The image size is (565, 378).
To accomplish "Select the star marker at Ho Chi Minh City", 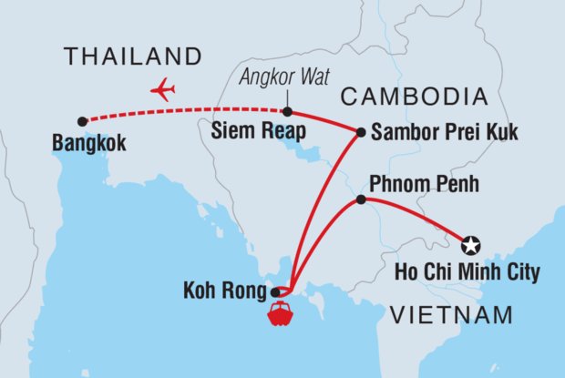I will [x=470, y=244].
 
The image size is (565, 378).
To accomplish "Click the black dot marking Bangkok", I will [x=83, y=121].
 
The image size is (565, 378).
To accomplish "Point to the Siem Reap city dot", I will [x=287, y=112].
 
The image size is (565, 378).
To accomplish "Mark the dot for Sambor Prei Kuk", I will [x=362, y=132].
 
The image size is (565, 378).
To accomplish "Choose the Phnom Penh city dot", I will [x=361, y=199].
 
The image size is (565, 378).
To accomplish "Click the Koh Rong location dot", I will [x=276, y=292].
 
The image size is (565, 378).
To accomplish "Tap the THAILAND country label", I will [x=133, y=57].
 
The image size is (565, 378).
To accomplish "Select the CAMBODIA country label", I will [x=410, y=97].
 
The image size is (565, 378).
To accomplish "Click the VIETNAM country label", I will [x=451, y=315].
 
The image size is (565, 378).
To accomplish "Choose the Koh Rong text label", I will [x=230, y=292].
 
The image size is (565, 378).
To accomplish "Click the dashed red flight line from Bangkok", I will [x=182, y=112].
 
